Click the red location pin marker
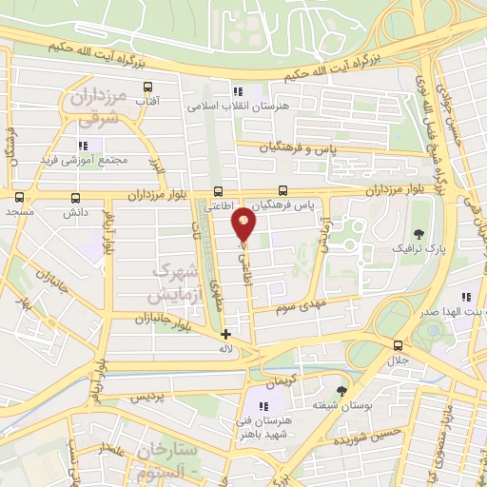[x=244, y=223]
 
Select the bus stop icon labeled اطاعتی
[x=219, y=190]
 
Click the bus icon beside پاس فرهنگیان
[x=283, y=190]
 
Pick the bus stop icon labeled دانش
[x=75, y=198]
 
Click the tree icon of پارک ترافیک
[x=419, y=233]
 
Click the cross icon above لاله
[x=225, y=334]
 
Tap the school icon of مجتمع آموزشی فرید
[x=84, y=145]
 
